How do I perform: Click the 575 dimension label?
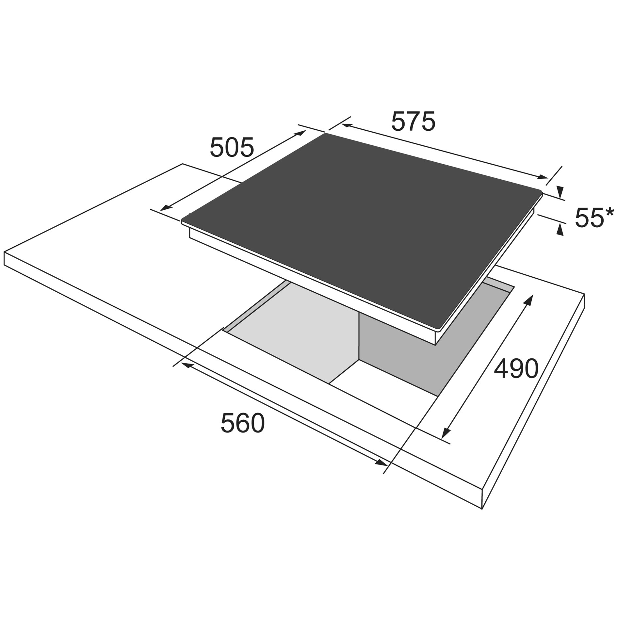(x=414, y=122)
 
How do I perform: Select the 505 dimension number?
(x=232, y=147)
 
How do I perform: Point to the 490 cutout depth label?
(x=516, y=369)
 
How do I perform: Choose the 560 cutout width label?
(x=242, y=423)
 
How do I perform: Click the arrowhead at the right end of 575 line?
(x=543, y=177)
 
